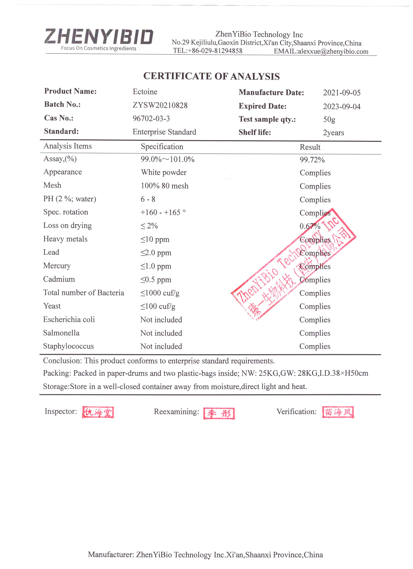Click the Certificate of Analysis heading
coord(211,76)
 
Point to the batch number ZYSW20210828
coord(160,105)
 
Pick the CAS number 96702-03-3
coord(151,118)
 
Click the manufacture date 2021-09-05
coord(342,93)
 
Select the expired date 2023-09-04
coord(342,107)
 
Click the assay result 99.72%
coord(312,160)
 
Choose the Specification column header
coord(162,147)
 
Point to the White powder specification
coord(164,172)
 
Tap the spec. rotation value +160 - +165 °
coord(163,213)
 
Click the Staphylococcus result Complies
coord(315,346)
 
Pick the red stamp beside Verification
coord(338,412)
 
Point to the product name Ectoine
coord(145,92)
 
